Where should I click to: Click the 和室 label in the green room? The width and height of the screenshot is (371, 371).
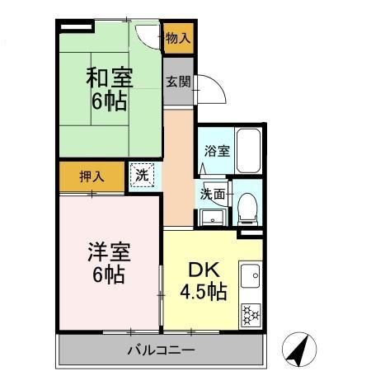[109, 80]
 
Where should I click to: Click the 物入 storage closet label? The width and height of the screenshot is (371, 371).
[177, 38]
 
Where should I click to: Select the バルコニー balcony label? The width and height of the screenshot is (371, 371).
[161, 350]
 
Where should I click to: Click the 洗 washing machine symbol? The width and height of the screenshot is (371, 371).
[142, 175]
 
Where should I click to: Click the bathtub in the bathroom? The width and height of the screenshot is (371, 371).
[248, 150]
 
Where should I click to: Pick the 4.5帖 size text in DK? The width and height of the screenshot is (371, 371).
[204, 292]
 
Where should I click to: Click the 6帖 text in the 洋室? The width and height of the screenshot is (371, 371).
[108, 275]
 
